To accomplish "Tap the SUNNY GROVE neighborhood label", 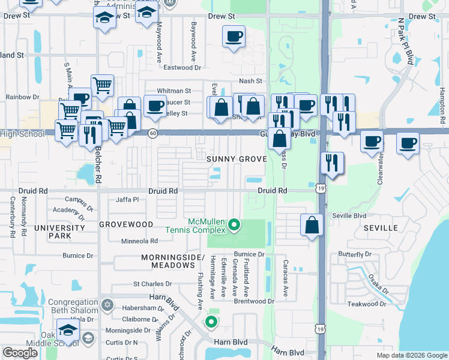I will [x=236, y=159].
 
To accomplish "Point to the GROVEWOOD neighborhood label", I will [x=126, y=224].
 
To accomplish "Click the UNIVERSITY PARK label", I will [x=59, y=232].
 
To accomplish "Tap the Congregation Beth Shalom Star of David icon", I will [x=107, y=305].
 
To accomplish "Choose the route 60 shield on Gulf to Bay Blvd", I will [x=153, y=133].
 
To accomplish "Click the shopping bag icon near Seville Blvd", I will [x=312, y=226].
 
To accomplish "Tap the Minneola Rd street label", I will [x=140, y=241].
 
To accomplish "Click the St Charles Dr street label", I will [x=152, y=284].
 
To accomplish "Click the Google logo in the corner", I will [x=20, y=353].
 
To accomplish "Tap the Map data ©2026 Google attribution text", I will [x=411, y=355].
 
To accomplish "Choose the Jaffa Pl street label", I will [x=127, y=199].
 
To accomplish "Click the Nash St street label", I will [x=251, y=81].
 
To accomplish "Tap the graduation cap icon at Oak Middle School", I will [x=68, y=330].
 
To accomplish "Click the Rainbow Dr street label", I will [x=22, y=97].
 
